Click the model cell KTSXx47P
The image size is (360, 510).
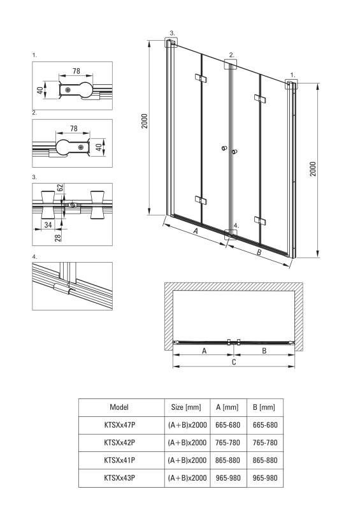tap(119, 425)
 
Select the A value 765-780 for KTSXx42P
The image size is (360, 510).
tap(227, 442)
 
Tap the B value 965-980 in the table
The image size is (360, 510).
tap(265, 477)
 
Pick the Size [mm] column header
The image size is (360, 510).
tap(186, 407)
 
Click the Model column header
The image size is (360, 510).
tap(119, 407)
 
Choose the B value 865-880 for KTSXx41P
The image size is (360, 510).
tap(265, 460)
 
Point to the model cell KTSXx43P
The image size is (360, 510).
tap(119, 477)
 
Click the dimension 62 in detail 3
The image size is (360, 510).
tap(60, 188)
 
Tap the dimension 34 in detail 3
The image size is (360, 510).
tap(48, 224)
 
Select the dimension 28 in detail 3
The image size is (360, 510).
tap(58, 237)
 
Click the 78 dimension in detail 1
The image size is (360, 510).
tap(76, 71)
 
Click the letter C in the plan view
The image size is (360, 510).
tap(234, 361)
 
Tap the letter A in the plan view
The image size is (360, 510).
tap(205, 351)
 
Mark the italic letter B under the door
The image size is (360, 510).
tap(259, 252)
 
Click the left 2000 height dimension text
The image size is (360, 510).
tap(145, 121)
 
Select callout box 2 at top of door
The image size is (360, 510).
tap(231, 64)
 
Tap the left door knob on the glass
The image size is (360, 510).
tap(224, 149)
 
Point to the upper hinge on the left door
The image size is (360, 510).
tap(201, 78)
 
